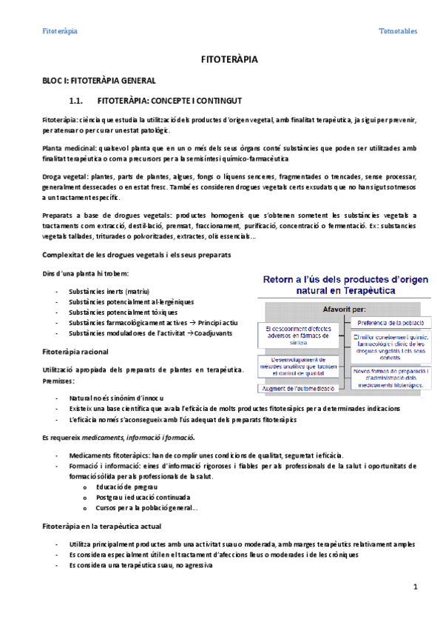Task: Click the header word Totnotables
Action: coord(397,31)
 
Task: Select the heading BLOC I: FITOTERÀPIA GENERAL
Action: coord(97,81)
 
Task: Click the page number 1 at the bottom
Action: coord(416,587)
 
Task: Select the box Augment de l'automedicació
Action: coord(298,388)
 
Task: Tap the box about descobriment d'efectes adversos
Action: coord(298,334)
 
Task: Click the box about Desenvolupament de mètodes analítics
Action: coord(298,365)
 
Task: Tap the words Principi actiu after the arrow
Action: coord(219,323)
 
